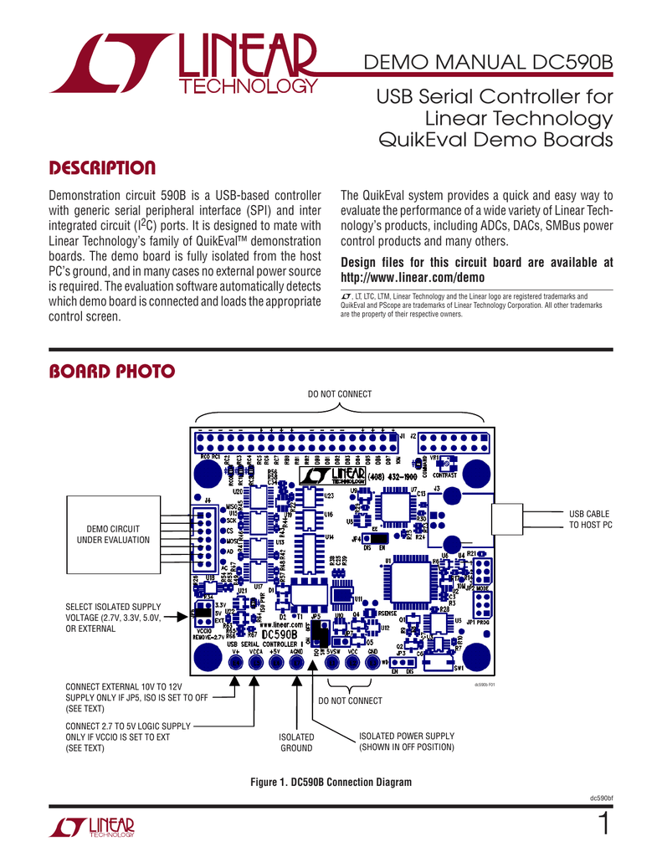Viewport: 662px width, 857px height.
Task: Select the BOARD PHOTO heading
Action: (112, 371)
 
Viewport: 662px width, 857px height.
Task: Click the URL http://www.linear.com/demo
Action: (413, 277)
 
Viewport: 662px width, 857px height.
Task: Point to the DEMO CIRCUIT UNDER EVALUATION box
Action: (113, 534)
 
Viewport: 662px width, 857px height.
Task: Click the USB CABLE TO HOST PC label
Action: (590, 518)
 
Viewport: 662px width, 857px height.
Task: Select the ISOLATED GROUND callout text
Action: (297, 742)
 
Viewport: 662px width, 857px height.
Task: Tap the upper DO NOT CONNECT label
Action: (340, 393)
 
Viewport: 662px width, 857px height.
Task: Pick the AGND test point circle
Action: (296, 662)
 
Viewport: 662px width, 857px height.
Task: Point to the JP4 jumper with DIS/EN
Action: (374, 539)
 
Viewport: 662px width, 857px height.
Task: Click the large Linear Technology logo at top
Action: (183, 66)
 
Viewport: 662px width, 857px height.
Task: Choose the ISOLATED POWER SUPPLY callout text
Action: (406, 741)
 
